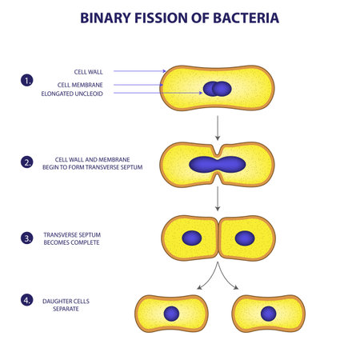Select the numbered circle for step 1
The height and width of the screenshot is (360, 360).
point(27,80)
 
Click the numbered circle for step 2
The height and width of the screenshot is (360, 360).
point(27,162)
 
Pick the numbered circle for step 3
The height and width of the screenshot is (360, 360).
point(27,237)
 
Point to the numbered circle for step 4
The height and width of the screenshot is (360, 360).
point(27,301)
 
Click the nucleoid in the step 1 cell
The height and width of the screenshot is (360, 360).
point(217,88)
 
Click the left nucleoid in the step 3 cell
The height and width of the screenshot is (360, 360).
point(191,238)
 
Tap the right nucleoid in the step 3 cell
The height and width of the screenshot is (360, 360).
point(245,238)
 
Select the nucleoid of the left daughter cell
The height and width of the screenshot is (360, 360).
point(172,314)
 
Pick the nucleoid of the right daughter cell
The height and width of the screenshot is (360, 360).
point(269,314)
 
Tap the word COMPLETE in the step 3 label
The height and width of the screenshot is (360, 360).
point(84,242)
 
